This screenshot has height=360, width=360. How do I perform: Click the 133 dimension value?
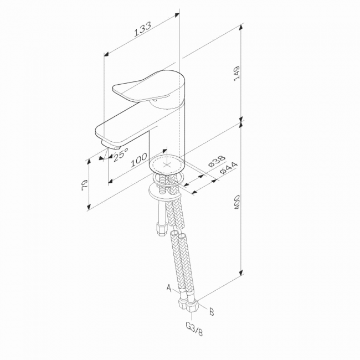[x=142, y=29]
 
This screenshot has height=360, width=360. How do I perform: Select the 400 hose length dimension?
[x=236, y=202]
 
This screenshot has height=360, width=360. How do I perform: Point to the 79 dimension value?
[x=85, y=185]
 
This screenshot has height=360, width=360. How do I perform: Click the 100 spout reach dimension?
[x=139, y=160]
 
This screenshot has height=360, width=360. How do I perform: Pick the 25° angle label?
[x=121, y=155]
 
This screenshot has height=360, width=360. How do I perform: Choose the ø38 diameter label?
[x=217, y=161]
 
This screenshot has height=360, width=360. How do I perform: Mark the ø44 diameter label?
[x=228, y=168]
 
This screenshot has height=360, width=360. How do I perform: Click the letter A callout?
[x=169, y=287]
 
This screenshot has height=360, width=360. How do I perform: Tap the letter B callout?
[x=212, y=312]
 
